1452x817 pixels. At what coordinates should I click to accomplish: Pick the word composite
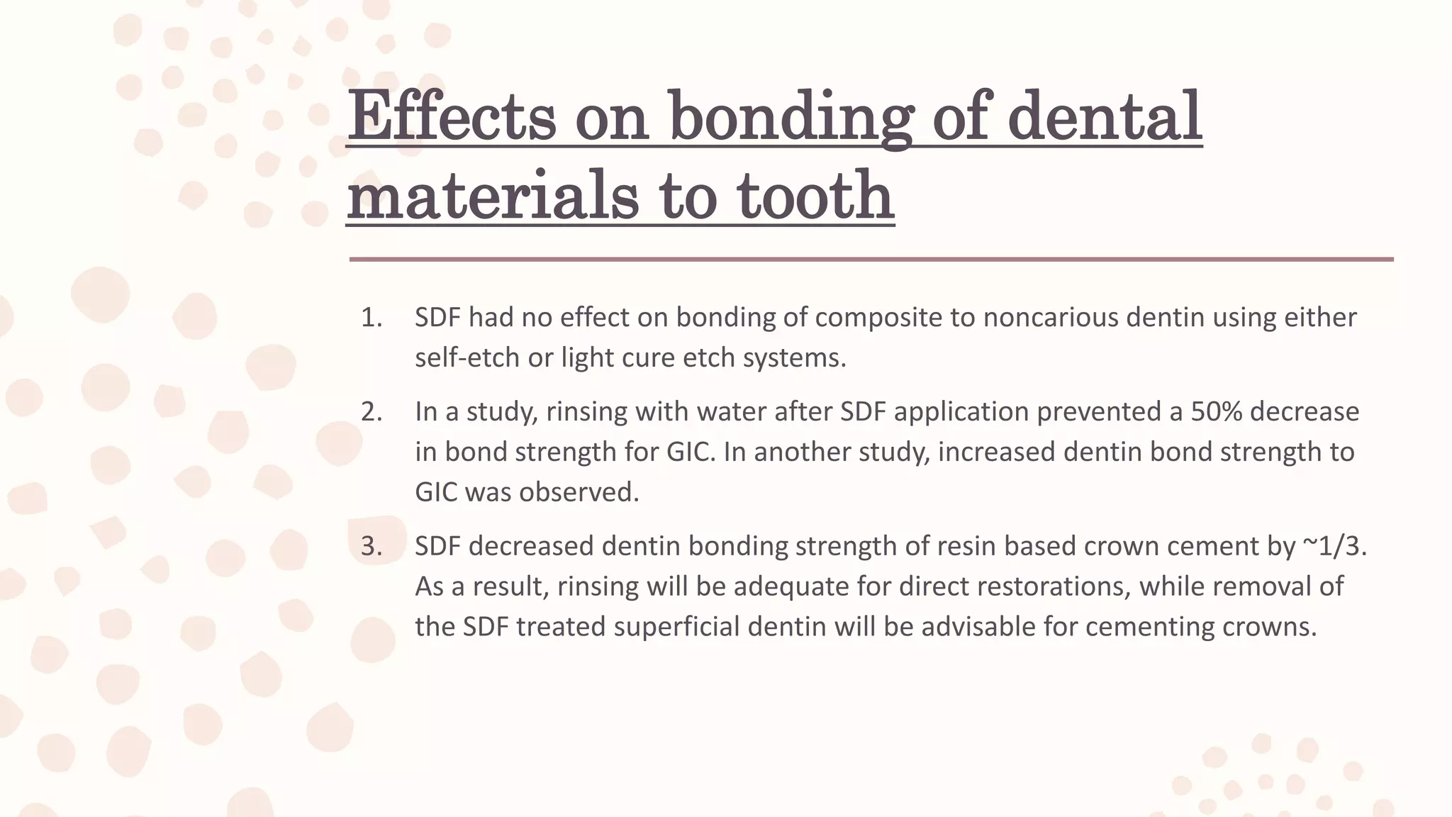tap(878, 318)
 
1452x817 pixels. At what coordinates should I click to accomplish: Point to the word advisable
tap(978, 627)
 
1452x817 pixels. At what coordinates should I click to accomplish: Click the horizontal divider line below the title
tap(871, 260)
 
